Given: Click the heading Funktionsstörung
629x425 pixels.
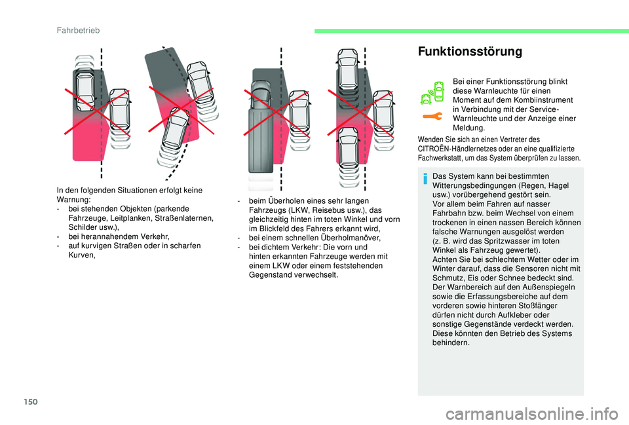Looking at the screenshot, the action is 470,51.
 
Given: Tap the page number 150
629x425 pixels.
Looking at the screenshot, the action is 31,401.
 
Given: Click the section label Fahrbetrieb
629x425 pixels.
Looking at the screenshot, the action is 78,31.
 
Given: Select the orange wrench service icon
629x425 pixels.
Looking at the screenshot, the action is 432,117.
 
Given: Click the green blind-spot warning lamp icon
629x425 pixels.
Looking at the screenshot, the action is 432,92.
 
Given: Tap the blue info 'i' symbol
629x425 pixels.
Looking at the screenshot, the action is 425,178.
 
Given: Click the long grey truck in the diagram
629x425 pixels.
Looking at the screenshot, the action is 260,127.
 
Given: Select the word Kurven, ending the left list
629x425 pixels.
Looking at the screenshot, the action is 82,255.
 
